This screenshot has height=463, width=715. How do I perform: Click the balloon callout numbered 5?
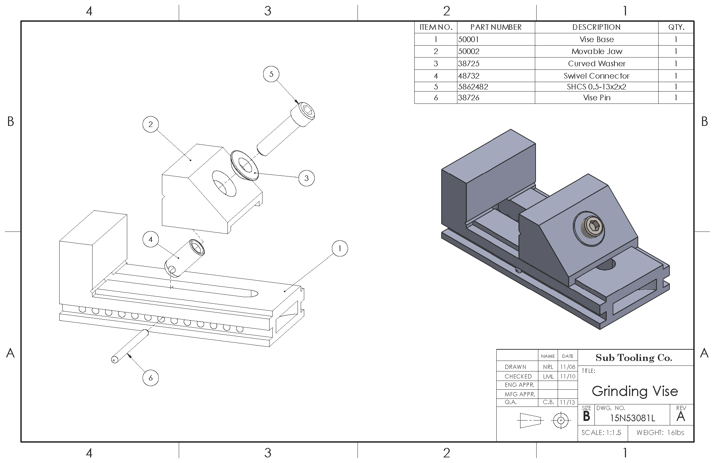(271, 74)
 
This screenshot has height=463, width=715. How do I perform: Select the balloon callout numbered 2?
(151, 124)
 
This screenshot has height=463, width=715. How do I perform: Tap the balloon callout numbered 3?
(306, 178)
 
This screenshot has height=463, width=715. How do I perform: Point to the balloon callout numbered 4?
(151, 240)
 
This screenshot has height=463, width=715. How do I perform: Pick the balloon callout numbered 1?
(339, 249)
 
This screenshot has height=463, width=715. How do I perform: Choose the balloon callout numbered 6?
(151, 378)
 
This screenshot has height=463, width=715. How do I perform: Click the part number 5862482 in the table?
(473, 87)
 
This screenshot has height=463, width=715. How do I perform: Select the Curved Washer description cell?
(597, 63)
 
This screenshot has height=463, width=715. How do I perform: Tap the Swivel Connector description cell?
(597, 76)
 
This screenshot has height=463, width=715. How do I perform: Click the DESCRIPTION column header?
(597, 27)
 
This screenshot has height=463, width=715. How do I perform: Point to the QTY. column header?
(676, 27)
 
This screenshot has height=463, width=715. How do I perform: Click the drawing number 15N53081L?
(632, 418)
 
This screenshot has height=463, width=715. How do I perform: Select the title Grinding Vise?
(635, 391)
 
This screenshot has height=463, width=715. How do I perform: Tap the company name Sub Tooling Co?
(634, 358)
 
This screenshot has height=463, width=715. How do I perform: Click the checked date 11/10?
(567, 376)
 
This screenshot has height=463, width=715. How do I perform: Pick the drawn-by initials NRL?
(548, 367)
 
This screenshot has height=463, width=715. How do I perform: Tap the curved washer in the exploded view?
(245, 166)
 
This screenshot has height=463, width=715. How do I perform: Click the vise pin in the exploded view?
(130, 347)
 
